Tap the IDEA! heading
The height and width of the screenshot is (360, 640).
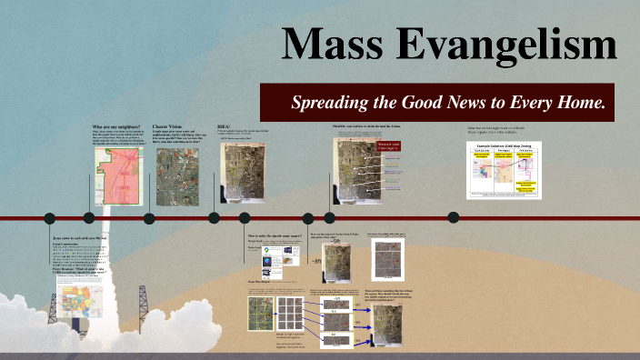pos(225,126)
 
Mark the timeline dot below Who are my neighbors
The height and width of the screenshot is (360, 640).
pos(89,218)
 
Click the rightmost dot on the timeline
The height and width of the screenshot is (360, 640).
pos(453,217)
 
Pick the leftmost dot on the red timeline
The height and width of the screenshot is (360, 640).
pos(47,218)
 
